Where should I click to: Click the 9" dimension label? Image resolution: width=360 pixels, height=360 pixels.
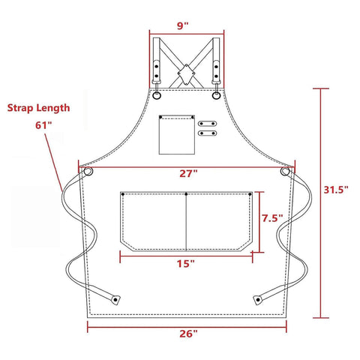[183, 25]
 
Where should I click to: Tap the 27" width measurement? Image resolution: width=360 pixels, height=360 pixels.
[188, 173]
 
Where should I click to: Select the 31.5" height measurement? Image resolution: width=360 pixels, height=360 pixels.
[336, 190]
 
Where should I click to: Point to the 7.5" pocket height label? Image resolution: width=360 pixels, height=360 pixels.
[272, 218]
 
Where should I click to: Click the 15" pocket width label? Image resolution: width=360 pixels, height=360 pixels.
[186, 263]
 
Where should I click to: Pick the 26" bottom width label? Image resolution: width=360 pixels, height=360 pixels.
[188, 333]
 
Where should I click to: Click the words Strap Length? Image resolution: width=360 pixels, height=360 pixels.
[38, 108]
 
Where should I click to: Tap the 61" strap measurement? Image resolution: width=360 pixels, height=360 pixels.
[45, 125]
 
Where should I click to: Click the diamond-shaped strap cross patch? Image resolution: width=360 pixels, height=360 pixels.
[186, 74]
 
